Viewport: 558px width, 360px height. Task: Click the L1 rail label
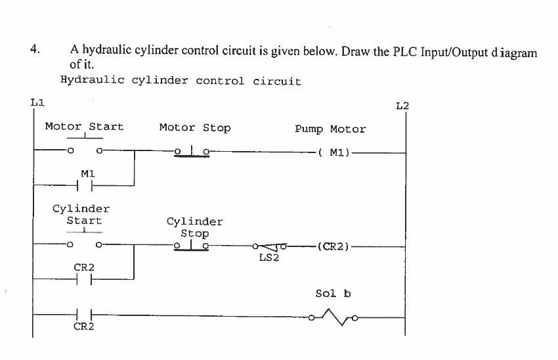point(37,102)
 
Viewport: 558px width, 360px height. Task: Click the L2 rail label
point(402,105)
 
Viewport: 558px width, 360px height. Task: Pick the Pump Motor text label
point(330,129)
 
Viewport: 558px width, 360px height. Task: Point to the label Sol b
point(333,293)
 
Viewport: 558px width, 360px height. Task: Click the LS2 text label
point(269,258)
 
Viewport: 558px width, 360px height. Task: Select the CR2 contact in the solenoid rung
point(84,315)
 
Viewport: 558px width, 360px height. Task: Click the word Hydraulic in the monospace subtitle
point(93,81)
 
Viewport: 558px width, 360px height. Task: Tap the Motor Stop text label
point(195,127)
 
